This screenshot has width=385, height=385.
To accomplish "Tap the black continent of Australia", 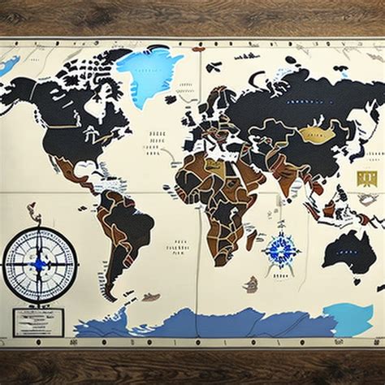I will [x=349, y=252].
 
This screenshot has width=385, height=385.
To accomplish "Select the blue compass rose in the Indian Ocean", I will [x=281, y=249].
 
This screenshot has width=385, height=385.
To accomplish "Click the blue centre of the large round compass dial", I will [x=39, y=263].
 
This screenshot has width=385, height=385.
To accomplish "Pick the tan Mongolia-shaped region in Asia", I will [x=318, y=135].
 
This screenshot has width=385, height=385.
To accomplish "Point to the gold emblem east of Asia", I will [x=366, y=178].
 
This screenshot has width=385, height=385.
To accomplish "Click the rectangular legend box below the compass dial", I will [x=37, y=322].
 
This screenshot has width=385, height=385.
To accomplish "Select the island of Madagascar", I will [x=252, y=240].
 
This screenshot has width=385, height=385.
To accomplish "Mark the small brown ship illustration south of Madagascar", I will [x=251, y=284].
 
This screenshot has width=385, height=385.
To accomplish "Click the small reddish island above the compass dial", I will [x=33, y=214].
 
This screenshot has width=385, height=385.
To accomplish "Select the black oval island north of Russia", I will [x=291, y=60].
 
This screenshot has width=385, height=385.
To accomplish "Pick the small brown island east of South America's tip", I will [x=151, y=297].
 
